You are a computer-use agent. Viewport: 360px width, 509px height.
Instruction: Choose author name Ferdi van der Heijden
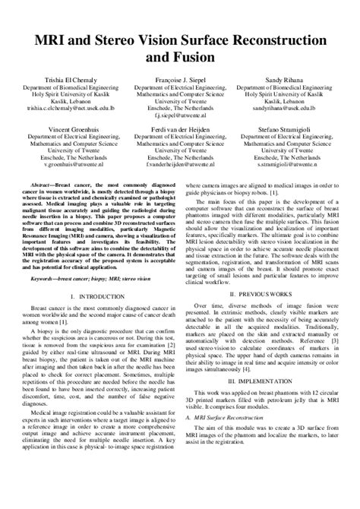pyautogui.click(x=180, y=129)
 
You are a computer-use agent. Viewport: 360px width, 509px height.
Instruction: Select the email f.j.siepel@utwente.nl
pyautogui.click(x=180, y=115)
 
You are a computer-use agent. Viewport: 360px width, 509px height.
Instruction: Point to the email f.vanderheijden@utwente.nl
pyautogui.click(x=180, y=164)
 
